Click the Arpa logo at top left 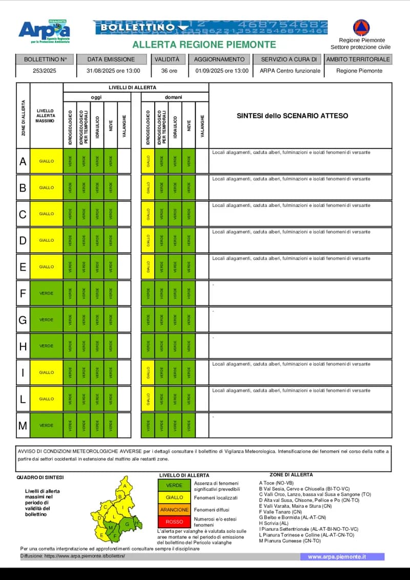click(x=44, y=32)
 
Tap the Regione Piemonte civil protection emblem click(x=361, y=28)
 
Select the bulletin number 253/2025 click(x=46, y=71)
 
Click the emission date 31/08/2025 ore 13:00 click(x=113, y=71)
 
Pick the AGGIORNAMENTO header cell click(x=222, y=59)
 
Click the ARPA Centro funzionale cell click(x=290, y=71)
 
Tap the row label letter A click(x=23, y=161)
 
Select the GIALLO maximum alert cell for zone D click(x=46, y=240)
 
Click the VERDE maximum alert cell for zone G click(x=46, y=320)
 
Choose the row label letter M click(x=23, y=425)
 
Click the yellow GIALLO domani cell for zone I click(x=148, y=372)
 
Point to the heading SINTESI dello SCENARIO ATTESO click(x=292, y=116)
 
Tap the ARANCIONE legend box click(x=174, y=510)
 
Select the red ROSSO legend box click(x=174, y=522)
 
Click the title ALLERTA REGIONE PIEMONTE click(x=204, y=45)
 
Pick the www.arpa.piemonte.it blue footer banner click(x=342, y=556)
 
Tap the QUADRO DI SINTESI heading click(x=40, y=477)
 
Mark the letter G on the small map click(x=127, y=524)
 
